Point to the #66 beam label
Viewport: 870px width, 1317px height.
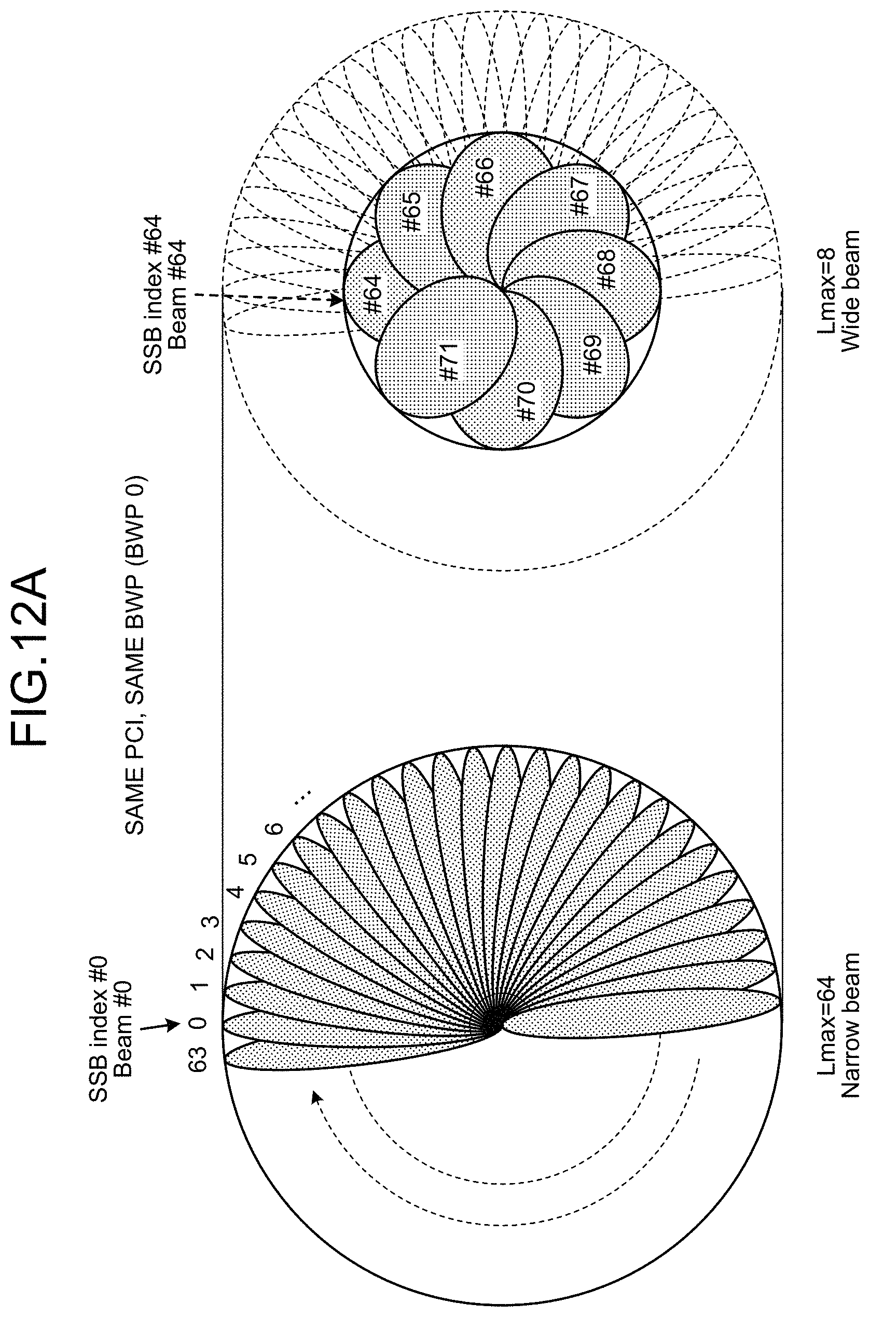tap(484, 177)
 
